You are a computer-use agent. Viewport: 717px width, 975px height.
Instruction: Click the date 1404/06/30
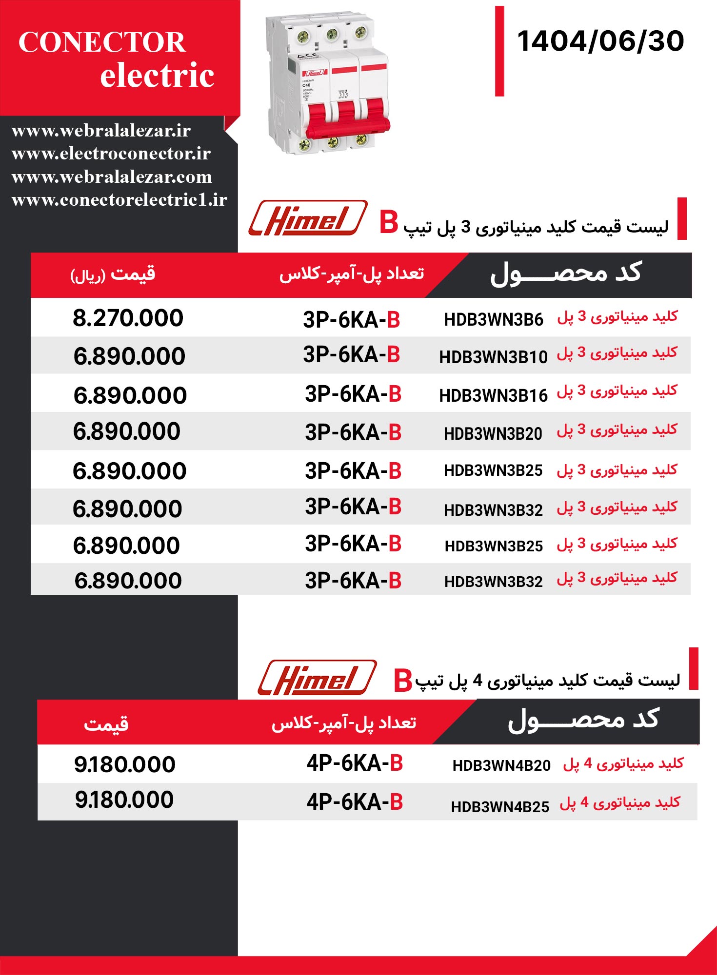click(x=600, y=41)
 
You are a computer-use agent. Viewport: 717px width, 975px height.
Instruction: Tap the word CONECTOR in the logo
click(x=102, y=42)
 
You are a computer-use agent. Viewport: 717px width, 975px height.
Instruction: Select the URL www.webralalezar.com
click(x=112, y=177)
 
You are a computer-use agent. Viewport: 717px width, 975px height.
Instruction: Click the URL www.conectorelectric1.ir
click(x=119, y=200)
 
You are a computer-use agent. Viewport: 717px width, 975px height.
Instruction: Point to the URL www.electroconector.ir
click(x=111, y=154)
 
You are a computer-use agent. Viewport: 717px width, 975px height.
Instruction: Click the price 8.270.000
click(x=128, y=318)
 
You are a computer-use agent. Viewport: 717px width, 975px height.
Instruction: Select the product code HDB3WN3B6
click(x=493, y=320)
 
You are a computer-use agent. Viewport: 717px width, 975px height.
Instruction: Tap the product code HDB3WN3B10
click(x=493, y=357)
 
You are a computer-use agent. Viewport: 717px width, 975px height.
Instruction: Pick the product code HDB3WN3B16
click(x=493, y=395)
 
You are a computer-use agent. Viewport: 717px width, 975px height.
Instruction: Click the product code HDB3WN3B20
click(x=493, y=433)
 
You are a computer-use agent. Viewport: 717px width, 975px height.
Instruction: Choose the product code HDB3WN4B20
click(x=501, y=765)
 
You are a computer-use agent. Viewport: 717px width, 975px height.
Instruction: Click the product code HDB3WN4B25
click(x=500, y=807)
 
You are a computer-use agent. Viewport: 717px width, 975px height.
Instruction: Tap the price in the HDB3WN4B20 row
click(x=125, y=764)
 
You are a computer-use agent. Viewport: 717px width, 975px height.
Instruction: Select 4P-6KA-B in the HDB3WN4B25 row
click(x=355, y=802)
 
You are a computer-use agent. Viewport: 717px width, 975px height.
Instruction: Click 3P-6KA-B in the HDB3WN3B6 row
click(x=351, y=320)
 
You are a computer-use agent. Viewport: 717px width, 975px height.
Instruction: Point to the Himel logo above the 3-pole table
click(x=307, y=218)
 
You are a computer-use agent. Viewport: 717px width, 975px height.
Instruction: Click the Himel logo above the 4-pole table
click(x=317, y=678)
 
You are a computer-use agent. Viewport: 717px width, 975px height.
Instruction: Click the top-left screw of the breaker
click(x=302, y=37)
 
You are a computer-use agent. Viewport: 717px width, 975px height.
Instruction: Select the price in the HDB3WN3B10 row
click(x=129, y=356)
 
